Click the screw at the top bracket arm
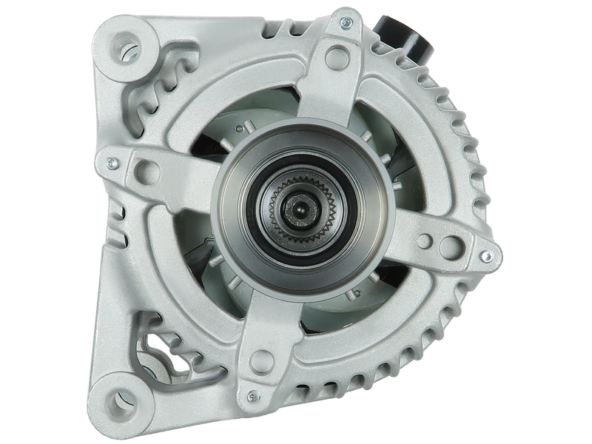345,23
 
